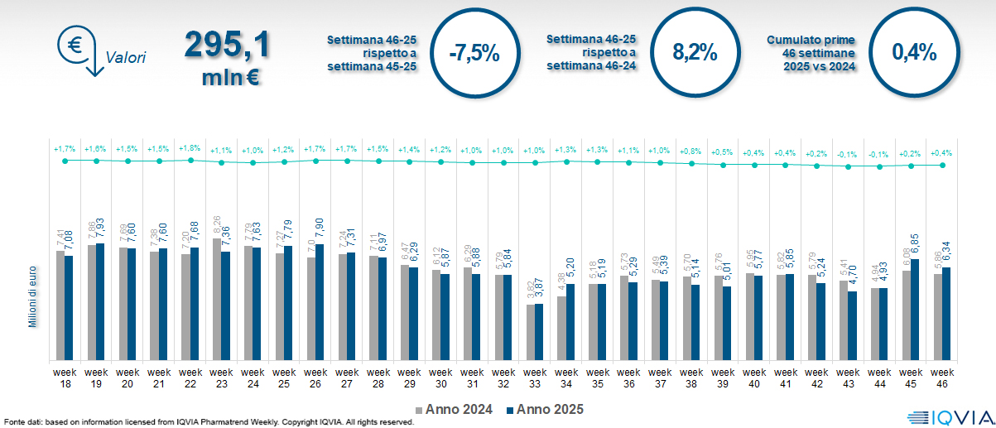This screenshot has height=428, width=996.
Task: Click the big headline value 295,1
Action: click(x=227, y=44)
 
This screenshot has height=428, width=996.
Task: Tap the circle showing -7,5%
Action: click(x=474, y=53)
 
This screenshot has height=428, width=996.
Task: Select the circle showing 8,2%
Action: click(x=694, y=51)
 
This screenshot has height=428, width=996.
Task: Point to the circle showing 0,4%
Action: click(x=914, y=51)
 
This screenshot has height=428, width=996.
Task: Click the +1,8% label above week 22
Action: click(x=190, y=148)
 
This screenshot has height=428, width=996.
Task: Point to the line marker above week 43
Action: click(x=848, y=166)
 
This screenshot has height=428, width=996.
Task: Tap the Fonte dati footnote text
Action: click(x=207, y=422)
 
